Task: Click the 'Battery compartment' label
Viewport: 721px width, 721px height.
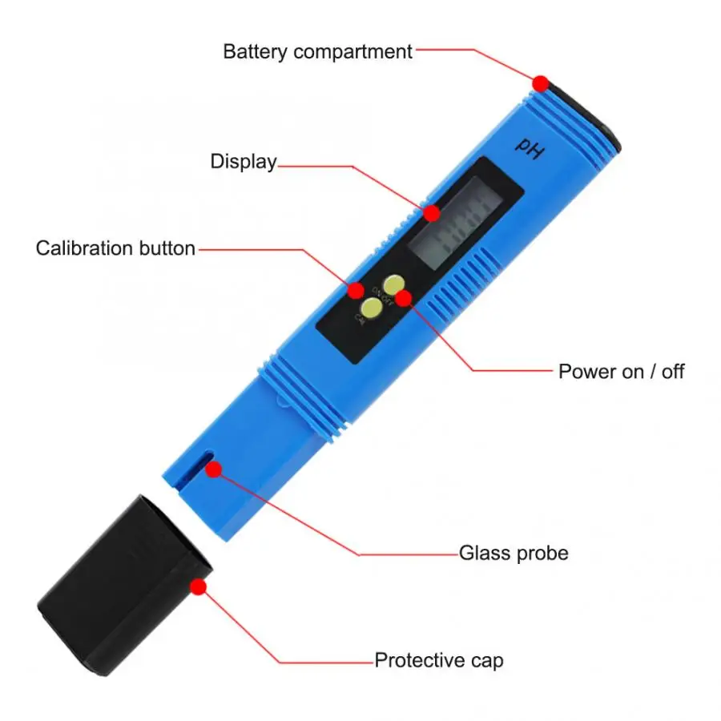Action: coord(317,52)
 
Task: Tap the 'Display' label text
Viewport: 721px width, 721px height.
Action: coord(243,161)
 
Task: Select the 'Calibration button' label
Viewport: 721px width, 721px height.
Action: coord(115,248)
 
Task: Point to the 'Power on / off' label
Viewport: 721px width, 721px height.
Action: coord(621,372)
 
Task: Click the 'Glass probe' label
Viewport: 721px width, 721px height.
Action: coord(514,553)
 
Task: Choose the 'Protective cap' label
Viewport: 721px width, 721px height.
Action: coord(439,661)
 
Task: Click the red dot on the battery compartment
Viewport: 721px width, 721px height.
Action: coord(541,83)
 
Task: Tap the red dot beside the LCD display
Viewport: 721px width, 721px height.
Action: coord(432,213)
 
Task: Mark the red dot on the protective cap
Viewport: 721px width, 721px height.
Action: coord(199,586)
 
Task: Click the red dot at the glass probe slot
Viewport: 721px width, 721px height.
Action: coord(213,469)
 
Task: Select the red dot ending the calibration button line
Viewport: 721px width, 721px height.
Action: coord(355,289)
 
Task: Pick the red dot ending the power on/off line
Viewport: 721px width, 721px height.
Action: coord(403,298)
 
